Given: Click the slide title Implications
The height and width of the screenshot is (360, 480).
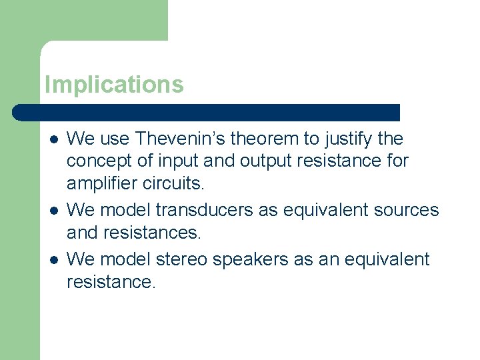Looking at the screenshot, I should tap(114, 85).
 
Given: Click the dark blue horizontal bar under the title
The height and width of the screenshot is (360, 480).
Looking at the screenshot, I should tap(207, 112).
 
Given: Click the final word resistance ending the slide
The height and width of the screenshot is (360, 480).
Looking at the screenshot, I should tap(111, 283).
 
